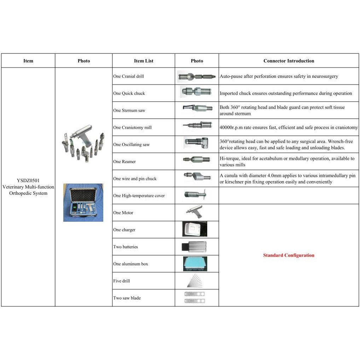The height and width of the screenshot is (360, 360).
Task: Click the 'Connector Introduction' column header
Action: tap(289, 61)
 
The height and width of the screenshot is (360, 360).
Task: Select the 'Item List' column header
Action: tap(144, 61)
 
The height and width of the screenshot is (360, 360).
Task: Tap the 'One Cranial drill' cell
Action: tap(128, 76)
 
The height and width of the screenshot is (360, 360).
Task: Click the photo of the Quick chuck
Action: tap(196, 93)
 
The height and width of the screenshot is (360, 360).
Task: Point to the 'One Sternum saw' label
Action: tap(129, 110)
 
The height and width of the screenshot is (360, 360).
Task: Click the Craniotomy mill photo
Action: tap(197, 125)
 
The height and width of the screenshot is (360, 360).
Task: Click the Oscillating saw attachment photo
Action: tap(197, 143)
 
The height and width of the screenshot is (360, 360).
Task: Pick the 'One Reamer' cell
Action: tap(124, 162)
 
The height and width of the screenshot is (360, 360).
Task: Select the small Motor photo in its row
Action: tap(194, 211)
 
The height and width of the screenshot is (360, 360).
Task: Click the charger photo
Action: tap(194, 229)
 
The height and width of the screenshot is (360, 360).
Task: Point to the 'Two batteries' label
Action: tap(126, 247)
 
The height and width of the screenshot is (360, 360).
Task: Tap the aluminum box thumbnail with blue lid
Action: tap(195, 264)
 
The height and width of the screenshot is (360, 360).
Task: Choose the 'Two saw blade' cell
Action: tap(127, 298)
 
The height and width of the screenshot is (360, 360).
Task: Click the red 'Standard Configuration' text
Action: tap(289, 255)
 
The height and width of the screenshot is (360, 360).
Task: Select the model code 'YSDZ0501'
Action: tap(28, 180)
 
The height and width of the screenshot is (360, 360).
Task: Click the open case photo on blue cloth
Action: tap(83, 203)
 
